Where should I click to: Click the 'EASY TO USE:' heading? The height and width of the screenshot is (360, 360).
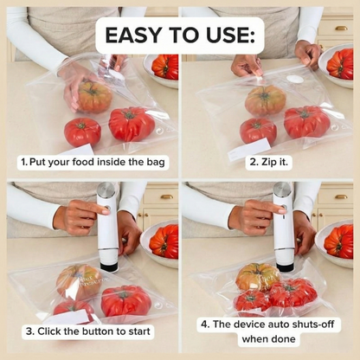click(179, 35)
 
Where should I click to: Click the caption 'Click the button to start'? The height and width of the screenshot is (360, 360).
click(89, 331)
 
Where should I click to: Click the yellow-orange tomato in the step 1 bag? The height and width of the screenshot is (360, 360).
click(94, 96)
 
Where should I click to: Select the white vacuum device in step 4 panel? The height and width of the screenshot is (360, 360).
click(283, 225)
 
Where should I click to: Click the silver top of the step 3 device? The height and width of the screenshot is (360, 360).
click(106, 190)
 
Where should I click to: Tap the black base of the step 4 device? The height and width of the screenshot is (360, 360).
click(284, 263)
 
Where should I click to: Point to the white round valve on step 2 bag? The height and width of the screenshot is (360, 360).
click(294, 80)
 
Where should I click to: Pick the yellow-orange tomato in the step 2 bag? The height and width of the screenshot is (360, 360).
click(264, 100)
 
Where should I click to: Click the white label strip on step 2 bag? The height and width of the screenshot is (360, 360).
click(247, 149)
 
